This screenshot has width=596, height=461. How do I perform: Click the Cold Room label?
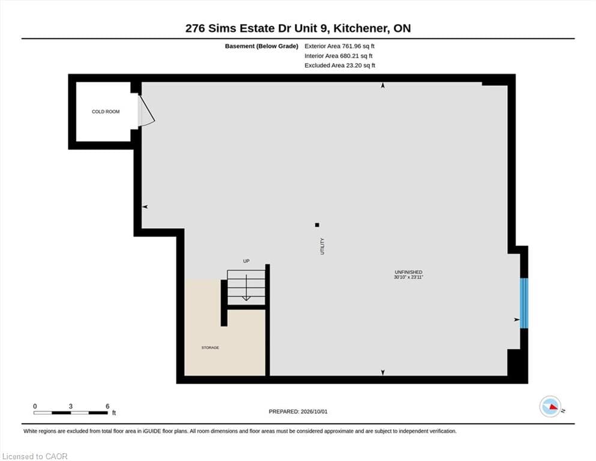(x=106, y=112)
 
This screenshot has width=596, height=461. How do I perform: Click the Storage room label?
(x=210, y=348)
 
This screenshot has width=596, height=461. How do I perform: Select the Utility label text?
(x=322, y=246)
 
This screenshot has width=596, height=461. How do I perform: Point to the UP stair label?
(x=246, y=261)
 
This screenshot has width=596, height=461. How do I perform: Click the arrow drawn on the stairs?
(x=246, y=288)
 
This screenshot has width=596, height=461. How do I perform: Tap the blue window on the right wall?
(x=524, y=303)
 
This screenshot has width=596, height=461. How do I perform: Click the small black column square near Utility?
(x=317, y=225)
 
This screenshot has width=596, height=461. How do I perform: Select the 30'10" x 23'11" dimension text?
(x=409, y=277)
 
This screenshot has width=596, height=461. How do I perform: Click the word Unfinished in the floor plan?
(x=409, y=272)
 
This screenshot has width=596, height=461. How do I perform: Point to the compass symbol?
(x=550, y=406)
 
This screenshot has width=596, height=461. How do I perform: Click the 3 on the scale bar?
(x=71, y=406)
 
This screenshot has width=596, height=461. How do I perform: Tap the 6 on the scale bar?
(x=107, y=406)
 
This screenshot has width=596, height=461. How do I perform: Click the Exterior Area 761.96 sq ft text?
(x=340, y=46)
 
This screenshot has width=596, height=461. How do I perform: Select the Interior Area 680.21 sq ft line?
(x=339, y=56)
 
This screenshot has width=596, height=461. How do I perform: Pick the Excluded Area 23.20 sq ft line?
(x=340, y=65)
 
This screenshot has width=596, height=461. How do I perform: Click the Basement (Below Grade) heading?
(x=262, y=46)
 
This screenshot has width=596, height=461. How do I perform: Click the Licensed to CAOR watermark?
(x=35, y=456)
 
